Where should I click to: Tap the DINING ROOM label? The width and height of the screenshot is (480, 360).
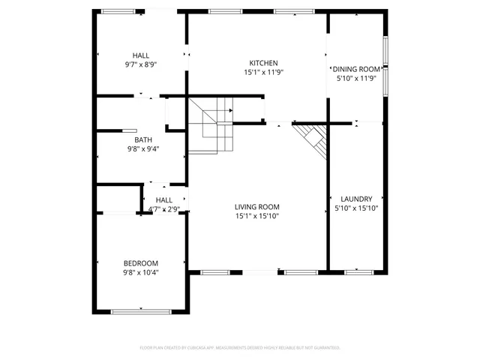(356, 68)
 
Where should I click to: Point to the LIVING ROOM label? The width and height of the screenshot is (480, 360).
(256, 207)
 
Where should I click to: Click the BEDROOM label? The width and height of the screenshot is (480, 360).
(141, 262)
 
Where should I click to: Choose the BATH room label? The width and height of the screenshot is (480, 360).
(142, 139)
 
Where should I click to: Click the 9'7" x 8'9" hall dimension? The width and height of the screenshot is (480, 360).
(140, 64)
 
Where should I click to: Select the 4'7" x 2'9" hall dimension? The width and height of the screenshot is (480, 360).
(163, 209)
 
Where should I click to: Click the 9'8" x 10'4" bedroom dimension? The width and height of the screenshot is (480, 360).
(141, 272)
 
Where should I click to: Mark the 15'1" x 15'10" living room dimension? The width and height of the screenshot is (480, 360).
(256, 217)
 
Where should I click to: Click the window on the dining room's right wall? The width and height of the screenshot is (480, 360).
(385, 67)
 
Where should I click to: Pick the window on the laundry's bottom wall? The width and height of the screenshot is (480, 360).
(359, 271)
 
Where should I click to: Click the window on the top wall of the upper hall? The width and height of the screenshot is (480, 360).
(118, 11)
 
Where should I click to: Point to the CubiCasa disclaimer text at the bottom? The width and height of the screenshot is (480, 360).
(240, 348)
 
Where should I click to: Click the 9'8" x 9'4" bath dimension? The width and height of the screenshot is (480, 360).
(142, 148)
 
